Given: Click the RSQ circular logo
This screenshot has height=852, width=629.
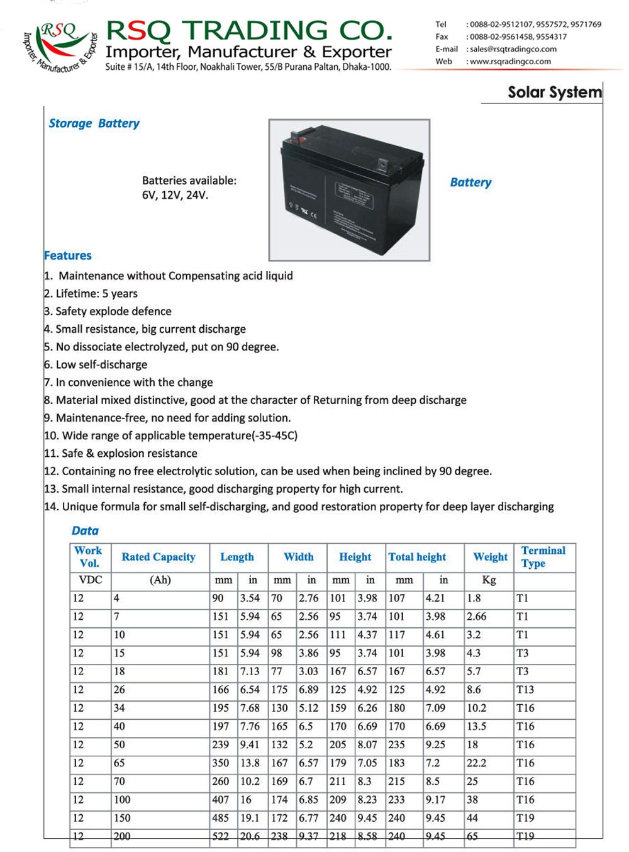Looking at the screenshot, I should point(60,47).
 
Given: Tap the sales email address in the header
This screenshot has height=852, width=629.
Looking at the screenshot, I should point(513,49).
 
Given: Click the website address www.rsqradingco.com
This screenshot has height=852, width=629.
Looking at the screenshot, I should point(510,62).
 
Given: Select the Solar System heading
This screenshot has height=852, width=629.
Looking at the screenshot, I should point(554,92).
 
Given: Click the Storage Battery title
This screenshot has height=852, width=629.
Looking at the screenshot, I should point(94,123).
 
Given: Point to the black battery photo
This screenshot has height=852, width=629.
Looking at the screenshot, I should point(349,190).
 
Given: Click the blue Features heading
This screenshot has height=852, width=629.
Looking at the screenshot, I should point(68,255).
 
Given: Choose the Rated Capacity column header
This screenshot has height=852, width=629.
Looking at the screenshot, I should point(159,557).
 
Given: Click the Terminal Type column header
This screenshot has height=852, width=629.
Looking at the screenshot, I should point(543,557).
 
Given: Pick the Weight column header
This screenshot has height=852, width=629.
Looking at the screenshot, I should point(490,557).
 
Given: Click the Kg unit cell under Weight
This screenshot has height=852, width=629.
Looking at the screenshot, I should point(489,580).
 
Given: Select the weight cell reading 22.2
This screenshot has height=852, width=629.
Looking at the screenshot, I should point(476,763).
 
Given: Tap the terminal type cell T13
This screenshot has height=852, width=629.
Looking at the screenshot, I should point(525,690).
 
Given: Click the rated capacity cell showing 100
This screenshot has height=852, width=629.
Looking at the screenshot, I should point(122,800).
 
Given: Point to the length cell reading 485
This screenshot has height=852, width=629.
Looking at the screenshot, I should point(221,818).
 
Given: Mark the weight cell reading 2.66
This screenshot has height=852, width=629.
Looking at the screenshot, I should point(476,617).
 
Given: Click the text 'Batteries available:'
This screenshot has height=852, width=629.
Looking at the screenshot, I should point(189,181).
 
